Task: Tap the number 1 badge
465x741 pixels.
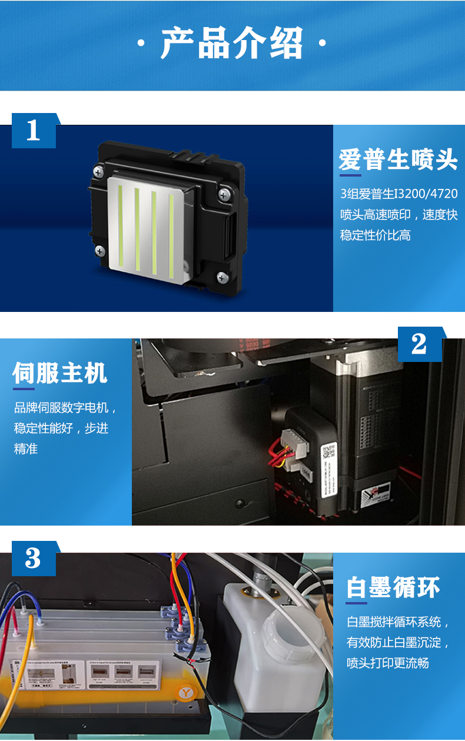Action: pos(34,130)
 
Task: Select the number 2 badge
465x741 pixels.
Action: pos(418,344)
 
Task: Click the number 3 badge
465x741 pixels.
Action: pos(34,558)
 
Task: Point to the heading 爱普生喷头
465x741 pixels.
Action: pos(398,160)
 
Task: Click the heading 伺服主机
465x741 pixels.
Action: pos(59,373)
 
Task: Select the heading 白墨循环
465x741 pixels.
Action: pos(393,587)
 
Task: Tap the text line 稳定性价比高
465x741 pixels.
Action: pos(375,235)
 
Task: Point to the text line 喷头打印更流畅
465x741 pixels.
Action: pos(387,663)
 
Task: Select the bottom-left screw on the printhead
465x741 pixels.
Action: pos(99,250)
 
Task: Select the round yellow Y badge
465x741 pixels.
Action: pos(186,693)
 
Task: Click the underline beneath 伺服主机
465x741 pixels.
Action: pos(24,388)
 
